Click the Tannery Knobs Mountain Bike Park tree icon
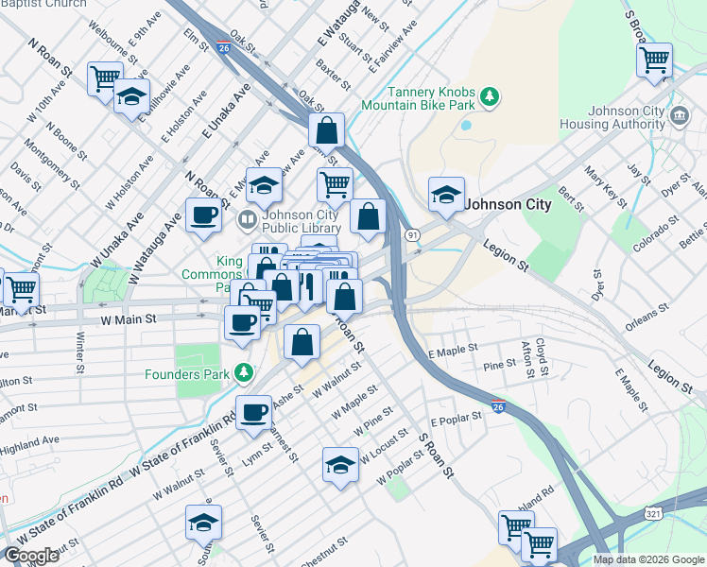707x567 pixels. [x=490, y=96]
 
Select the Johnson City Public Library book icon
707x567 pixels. [x=248, y=220]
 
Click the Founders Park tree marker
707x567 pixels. [x=244, y=373]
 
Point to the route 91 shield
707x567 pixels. [x=412, y=233]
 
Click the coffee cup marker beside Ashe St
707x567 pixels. [x=253, y=413]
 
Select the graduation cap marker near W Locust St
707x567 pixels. [x=340, y=465]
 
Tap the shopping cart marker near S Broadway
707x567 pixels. [x=653, y=60]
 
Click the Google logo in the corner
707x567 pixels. [x=31, y=557]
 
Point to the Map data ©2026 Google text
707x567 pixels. [x=648, y=559]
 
